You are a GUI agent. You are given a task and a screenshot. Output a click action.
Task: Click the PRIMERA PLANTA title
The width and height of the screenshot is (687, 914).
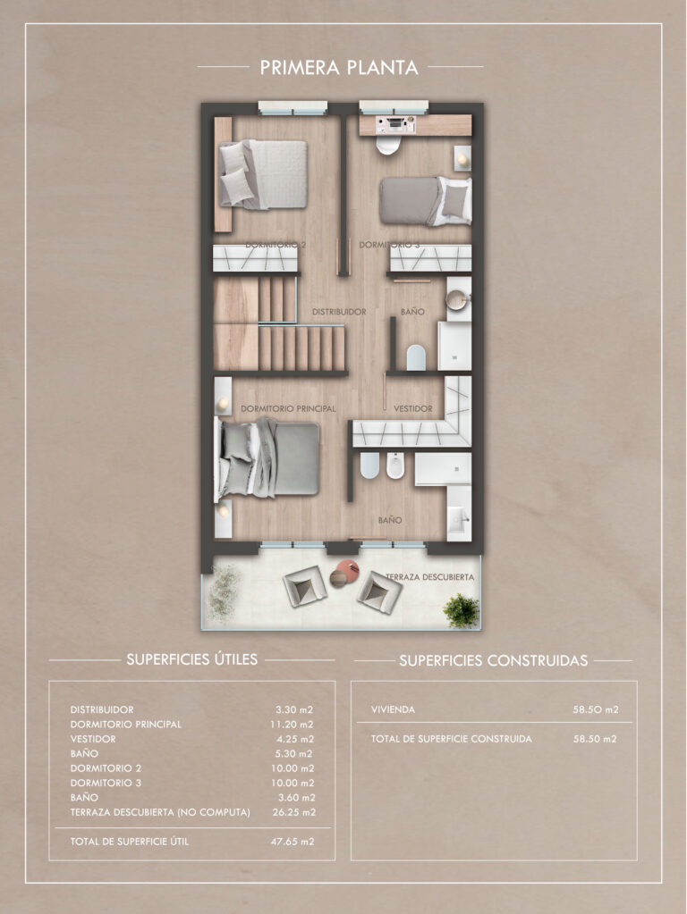point(339,67)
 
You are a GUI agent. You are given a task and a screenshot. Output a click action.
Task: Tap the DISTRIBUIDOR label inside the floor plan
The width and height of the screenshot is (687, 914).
point(339,312)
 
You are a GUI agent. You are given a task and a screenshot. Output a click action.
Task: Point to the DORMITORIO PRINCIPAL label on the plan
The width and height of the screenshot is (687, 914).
point(288,408)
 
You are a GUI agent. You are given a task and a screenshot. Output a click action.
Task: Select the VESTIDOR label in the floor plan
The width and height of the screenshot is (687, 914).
point(413,408)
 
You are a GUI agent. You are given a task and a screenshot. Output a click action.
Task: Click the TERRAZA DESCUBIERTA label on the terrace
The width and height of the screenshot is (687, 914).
point(430,577)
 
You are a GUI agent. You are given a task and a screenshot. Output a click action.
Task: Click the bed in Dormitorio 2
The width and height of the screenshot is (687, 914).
point(263,174)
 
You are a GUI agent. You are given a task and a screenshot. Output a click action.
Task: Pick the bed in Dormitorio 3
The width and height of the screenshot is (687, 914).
point(426,201)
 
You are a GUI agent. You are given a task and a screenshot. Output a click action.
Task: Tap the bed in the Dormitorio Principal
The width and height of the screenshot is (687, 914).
point(269,458)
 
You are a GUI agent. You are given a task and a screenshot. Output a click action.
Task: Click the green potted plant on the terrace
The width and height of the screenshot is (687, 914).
point(461,611)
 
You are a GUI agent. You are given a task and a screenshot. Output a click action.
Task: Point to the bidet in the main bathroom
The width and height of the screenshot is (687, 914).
point(395,465)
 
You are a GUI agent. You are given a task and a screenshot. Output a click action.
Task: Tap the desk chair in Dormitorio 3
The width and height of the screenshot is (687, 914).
point(387,145)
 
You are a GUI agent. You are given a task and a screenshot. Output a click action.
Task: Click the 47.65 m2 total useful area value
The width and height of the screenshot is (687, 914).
point(293,842)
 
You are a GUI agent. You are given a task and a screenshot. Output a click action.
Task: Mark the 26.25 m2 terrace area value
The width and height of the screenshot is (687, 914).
point(293,812)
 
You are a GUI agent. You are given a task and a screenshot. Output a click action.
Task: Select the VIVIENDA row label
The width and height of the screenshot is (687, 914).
point(393,710)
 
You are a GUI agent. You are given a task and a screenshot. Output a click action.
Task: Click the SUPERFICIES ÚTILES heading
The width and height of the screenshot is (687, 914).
point(192,659)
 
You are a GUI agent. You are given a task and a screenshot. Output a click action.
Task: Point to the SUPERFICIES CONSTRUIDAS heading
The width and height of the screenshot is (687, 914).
point(493,660)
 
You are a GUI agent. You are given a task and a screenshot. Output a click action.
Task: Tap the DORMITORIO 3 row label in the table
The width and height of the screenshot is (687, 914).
point(106,783)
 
